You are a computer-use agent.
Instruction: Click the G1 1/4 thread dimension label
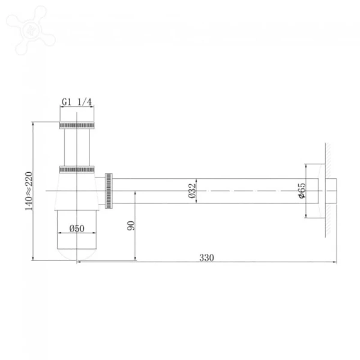[76, 103]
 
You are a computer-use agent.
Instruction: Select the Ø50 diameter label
[76, 228]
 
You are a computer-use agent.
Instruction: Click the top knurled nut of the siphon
[77, 125]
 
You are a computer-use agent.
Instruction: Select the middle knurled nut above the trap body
[77, 168]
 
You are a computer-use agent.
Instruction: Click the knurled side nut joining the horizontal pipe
[109, 191]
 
